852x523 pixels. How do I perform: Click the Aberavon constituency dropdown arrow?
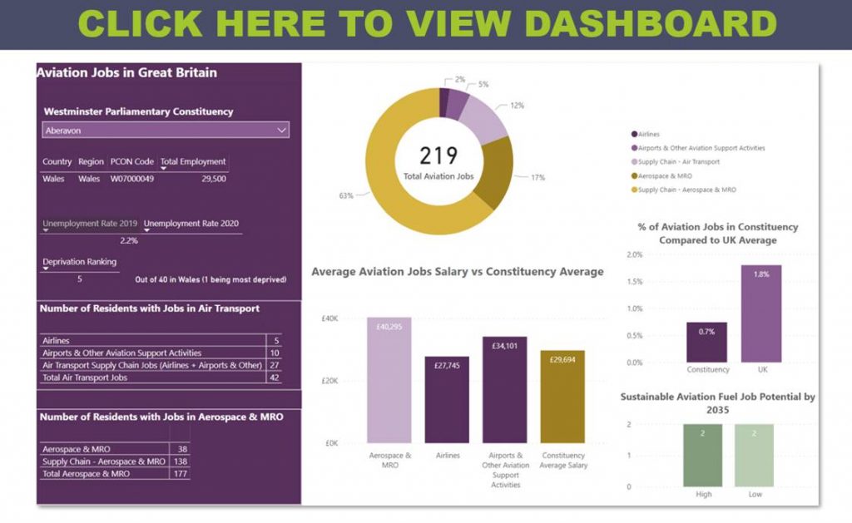coord(282,130)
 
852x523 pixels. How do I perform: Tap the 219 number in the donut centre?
coord(438,155)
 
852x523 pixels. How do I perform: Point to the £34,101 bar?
coord(505,390)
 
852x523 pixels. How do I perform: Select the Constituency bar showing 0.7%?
coord(707,342)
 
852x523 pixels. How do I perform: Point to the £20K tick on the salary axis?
coord(329,381)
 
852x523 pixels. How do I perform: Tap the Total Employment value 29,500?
coord(213,179)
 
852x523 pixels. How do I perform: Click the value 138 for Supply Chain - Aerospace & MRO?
coord(180,461)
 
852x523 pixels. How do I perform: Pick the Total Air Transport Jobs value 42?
coord(273,377)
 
